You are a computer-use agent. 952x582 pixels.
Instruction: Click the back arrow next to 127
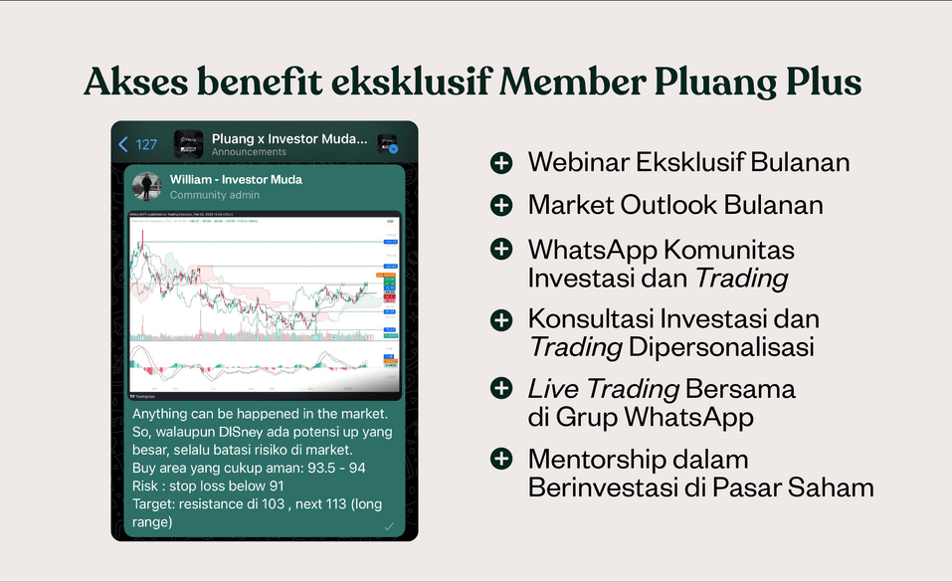click(123, 144)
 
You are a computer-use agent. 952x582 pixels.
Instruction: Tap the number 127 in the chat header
click(146, 144)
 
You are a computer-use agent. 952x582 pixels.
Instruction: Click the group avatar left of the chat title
click(189, 143)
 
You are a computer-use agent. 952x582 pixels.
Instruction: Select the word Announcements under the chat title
click(249, 152)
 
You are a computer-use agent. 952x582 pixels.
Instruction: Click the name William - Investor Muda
click(236, 179)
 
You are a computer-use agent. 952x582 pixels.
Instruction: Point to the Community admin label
click(215, 195)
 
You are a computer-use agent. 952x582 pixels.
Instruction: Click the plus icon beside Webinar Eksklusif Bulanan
click(501, 162)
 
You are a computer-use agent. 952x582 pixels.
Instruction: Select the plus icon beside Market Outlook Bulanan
click(501, 205)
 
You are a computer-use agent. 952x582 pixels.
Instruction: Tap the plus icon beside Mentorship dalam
click(501, 460)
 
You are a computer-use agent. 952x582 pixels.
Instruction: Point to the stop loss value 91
click(277, 485)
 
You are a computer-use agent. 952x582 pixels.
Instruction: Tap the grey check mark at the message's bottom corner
click(389, 525)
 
